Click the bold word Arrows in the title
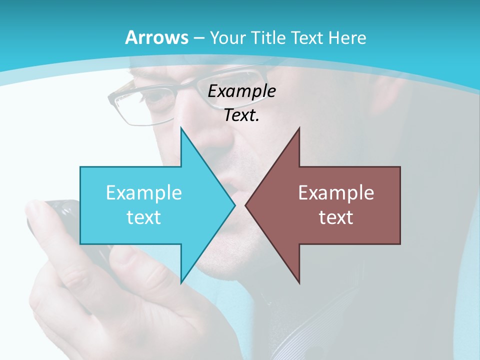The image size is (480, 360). coord(156,37)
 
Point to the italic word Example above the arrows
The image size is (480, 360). coord(241,91)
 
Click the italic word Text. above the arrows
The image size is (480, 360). coord(241,115)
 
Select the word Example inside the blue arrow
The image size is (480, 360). coord(144,193)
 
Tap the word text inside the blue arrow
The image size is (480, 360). coord(144,217)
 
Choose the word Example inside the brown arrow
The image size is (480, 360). coord(336,193)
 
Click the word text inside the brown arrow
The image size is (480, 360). coord(336,217)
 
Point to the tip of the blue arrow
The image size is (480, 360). coord(234,205)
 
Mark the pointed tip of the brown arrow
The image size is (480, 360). coord(246,205)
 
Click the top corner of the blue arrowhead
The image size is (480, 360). coord(181,128)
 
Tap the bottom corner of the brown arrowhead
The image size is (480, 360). coord(299,283)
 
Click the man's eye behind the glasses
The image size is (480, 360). coord(162,100)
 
